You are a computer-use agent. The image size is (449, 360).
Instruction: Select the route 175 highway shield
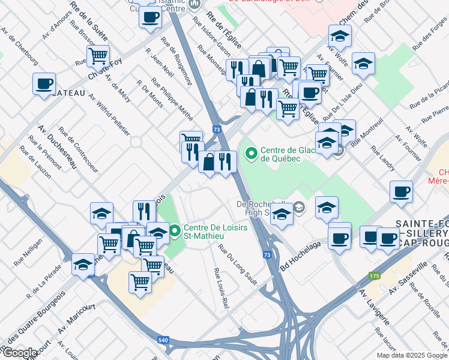click(x=375, y=275)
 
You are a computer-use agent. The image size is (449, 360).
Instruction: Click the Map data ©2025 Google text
click(x=412, y=355)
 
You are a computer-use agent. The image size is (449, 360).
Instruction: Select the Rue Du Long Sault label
click(x=238, y=260)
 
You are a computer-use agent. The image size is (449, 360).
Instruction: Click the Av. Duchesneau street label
click(x=57, y=147)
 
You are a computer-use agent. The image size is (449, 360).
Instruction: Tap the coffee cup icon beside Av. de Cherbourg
click(x=43, y=83)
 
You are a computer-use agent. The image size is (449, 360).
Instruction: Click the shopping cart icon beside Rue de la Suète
click(x=98, y=56)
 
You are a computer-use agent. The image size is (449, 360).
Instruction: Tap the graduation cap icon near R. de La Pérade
click(x=83, y=265)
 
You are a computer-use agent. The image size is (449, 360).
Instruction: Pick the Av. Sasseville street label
click(x=408, y=273)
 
